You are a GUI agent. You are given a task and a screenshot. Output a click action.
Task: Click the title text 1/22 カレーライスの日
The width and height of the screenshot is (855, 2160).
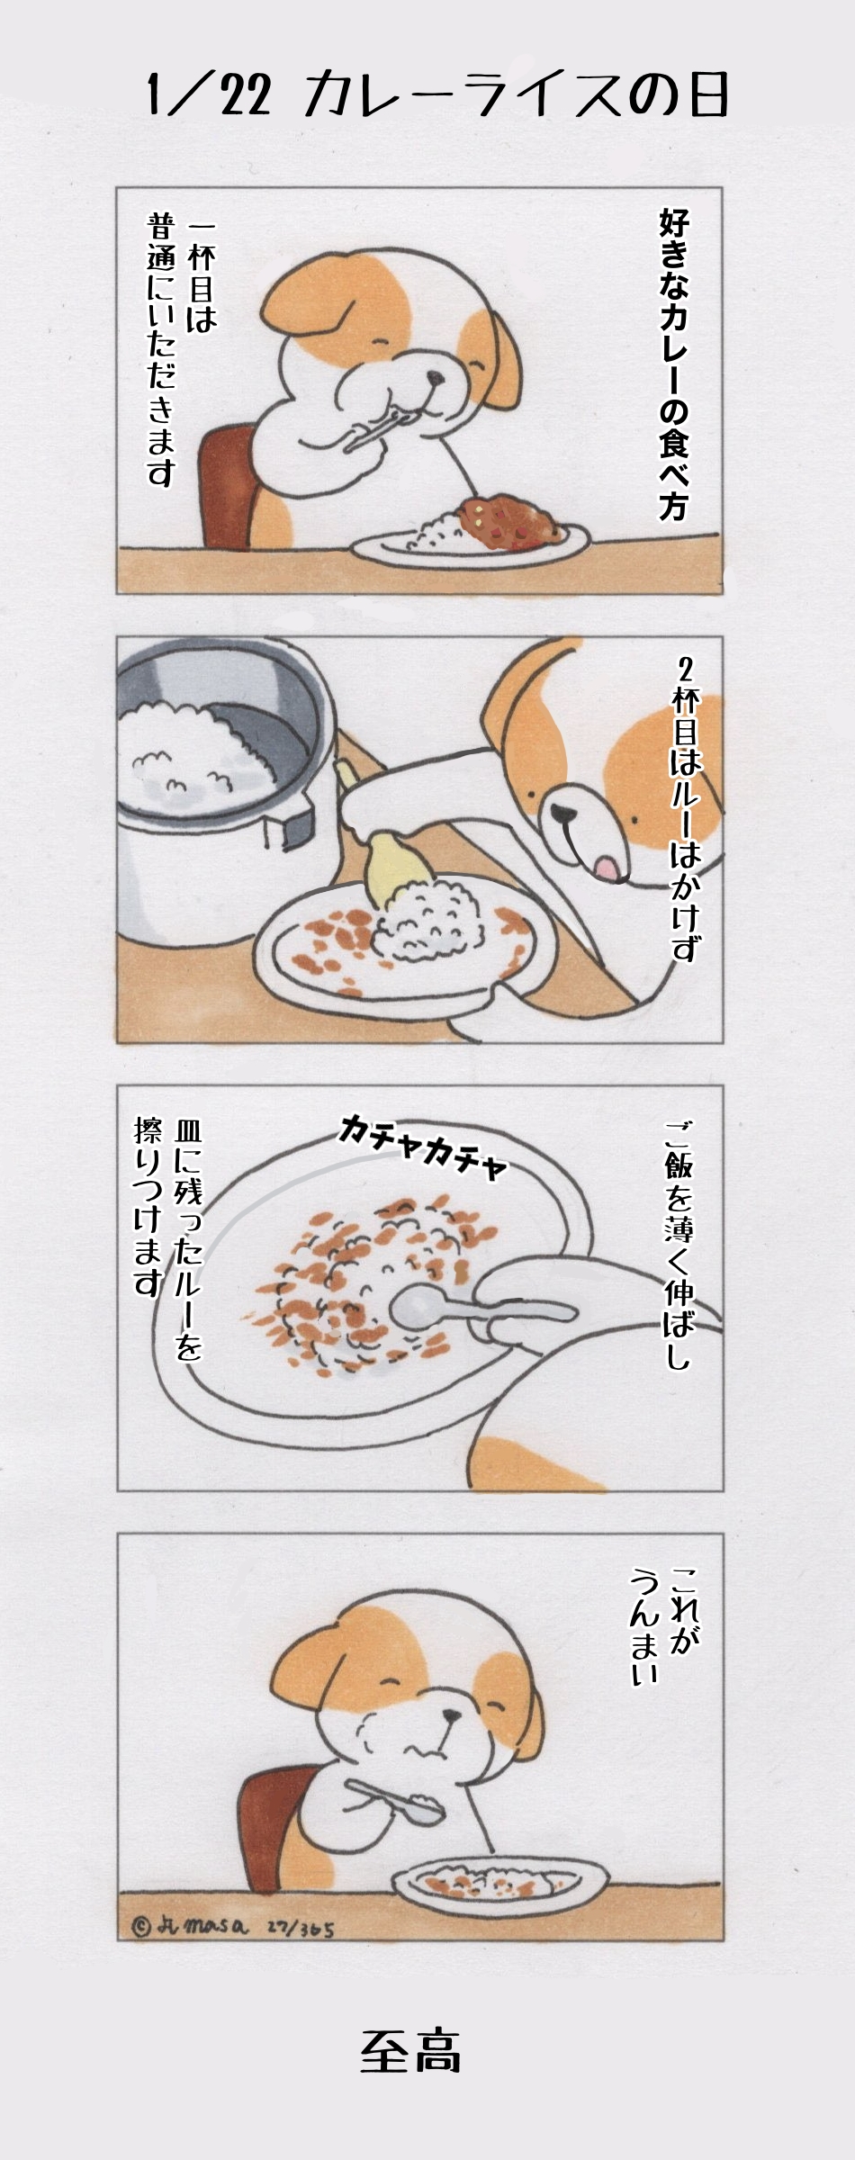(436, 94)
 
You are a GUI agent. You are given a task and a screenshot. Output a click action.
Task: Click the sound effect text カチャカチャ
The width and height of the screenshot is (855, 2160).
(422, 1146)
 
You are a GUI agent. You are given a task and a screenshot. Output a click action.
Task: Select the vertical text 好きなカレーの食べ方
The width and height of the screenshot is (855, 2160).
(674, 364)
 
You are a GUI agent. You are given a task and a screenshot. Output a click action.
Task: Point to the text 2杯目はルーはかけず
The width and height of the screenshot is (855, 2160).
(686, 810)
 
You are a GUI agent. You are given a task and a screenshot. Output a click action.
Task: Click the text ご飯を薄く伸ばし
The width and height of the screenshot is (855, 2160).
(679, 1246)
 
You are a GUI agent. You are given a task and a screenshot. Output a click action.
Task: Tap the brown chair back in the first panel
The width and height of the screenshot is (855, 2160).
(229, 486)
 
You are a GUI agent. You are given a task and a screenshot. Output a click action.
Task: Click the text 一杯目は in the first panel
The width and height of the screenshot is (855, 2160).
(200, 278)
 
